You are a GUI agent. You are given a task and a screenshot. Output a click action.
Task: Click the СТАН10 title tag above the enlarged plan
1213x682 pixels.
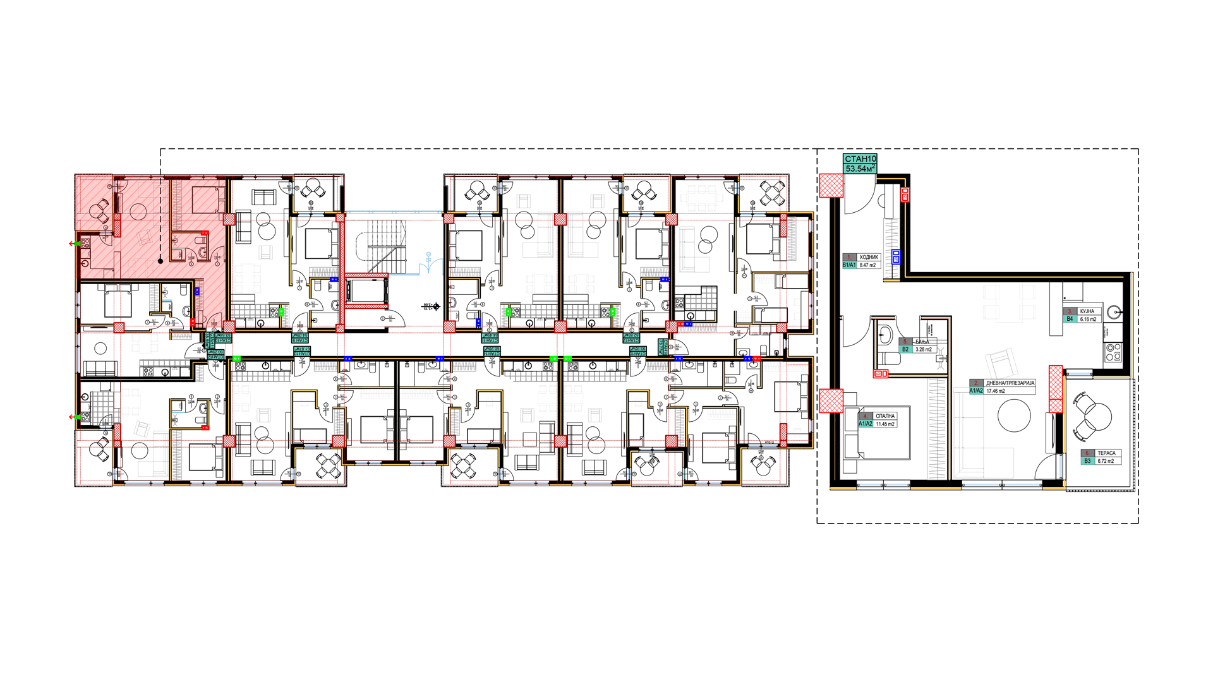tap(860, 159)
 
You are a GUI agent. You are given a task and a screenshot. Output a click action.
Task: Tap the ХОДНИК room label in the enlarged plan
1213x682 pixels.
tap(869, 257)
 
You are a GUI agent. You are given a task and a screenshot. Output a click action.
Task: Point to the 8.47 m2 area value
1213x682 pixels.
tap(867, 265)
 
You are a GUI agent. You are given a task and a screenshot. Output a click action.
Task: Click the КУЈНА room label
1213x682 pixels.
tap(1087, 311)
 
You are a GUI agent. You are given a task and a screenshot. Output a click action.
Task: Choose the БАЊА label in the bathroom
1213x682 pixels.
tap(922, 342)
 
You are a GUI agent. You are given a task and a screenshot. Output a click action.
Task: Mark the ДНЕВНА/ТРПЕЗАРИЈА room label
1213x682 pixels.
tap(1010, 383)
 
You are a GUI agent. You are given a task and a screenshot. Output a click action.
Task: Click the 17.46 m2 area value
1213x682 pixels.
tap(996, 391)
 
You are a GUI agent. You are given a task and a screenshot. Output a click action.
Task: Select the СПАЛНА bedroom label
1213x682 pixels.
tap(885, 416)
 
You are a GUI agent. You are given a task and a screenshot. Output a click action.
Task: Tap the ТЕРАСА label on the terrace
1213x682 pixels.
tap(1106, 453)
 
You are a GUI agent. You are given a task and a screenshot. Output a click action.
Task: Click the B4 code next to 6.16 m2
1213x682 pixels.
tap(1070, 320)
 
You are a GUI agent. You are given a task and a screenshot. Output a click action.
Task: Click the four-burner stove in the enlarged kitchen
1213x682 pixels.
tap(1113, 352)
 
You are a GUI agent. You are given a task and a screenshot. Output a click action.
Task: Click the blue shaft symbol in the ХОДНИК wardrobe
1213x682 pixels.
tap(896, 256)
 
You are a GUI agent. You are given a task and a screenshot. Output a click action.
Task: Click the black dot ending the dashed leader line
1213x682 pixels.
tap(160, 261)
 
